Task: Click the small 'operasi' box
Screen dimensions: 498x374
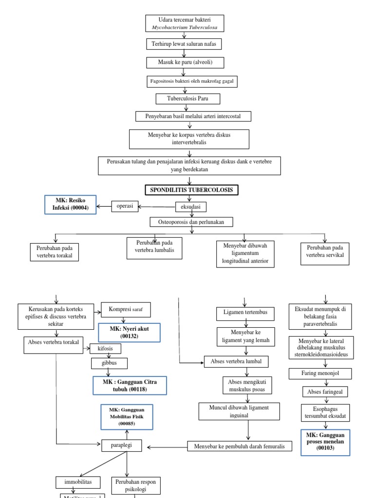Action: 125,206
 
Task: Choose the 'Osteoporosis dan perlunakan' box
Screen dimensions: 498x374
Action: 191,222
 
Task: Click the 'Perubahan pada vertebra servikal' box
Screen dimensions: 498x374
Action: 325,251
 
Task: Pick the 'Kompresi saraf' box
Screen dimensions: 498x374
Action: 126,309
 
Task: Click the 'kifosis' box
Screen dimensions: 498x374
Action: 105,349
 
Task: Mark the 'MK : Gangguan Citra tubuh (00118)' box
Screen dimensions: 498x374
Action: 129,385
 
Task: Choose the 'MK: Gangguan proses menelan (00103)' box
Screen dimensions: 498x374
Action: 325,442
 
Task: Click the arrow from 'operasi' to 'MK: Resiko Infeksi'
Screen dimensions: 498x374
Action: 104,207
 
